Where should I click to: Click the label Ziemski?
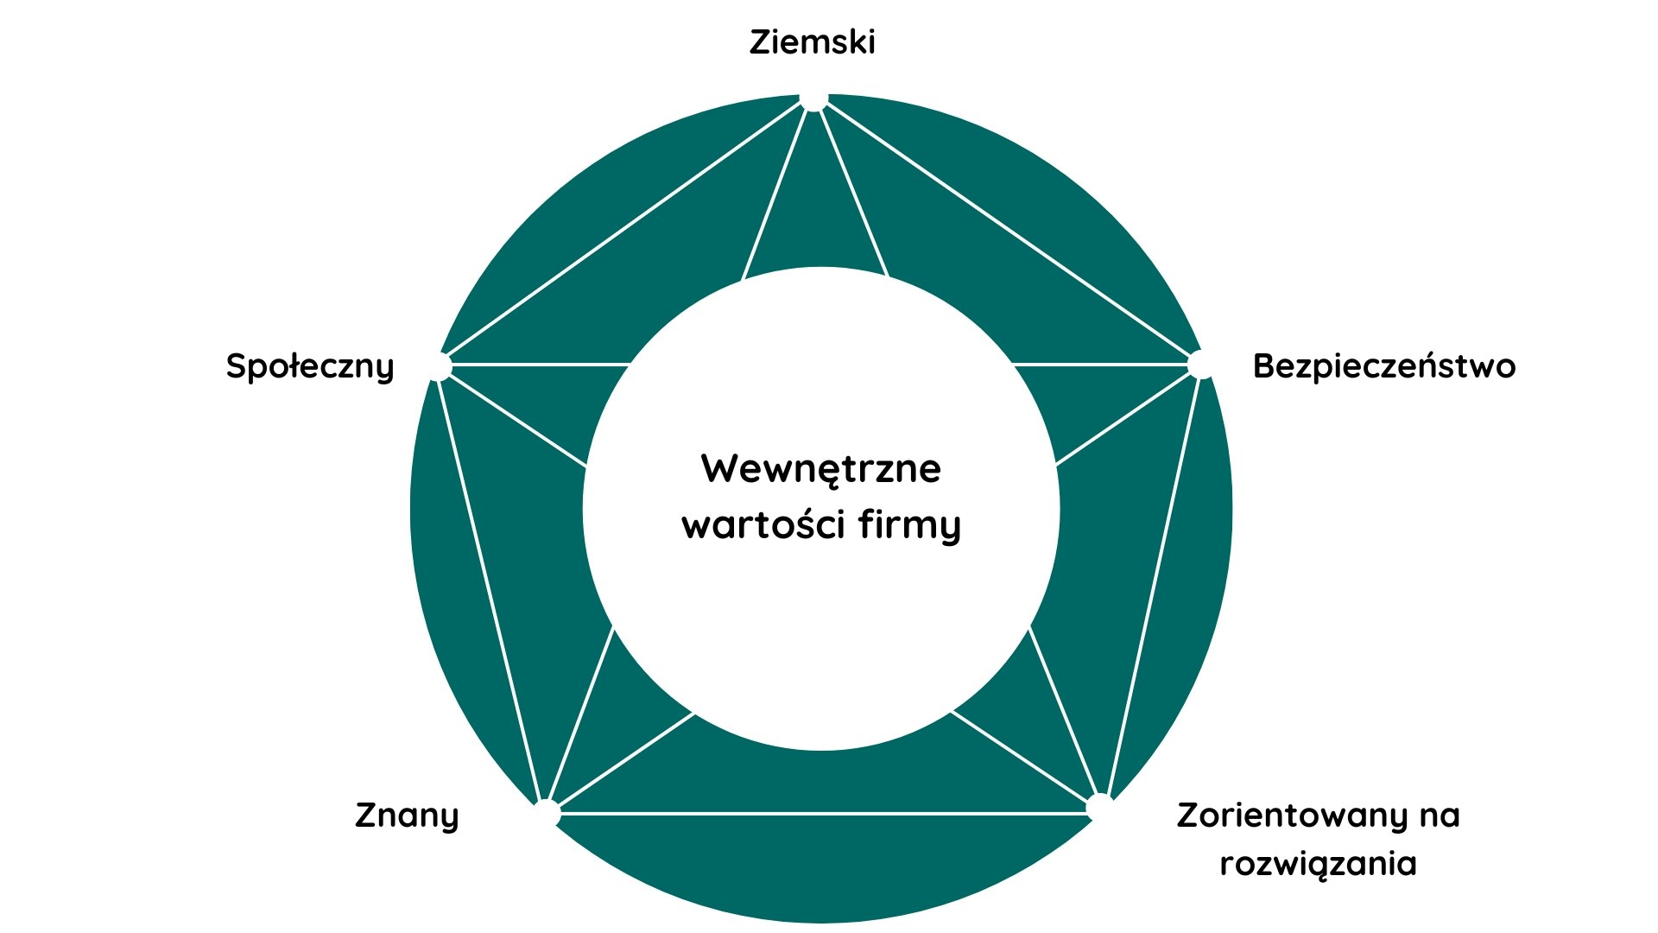coord(812,42)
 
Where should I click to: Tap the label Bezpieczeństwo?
coord(1383,366)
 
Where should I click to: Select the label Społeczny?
coord(310,366)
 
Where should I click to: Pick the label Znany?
coord(407,816)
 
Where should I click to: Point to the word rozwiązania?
coord(1318,863)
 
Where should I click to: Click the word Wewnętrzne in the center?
coord(820,469)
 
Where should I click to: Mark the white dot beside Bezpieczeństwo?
coord(1199,365)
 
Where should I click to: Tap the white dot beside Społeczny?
coord(439,366)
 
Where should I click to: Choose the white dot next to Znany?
coord(547,813)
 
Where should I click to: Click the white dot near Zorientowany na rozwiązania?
coord(1098,808)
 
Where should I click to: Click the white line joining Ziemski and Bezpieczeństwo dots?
coord(1006,232)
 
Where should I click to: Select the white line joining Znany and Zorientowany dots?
coord(820,813)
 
